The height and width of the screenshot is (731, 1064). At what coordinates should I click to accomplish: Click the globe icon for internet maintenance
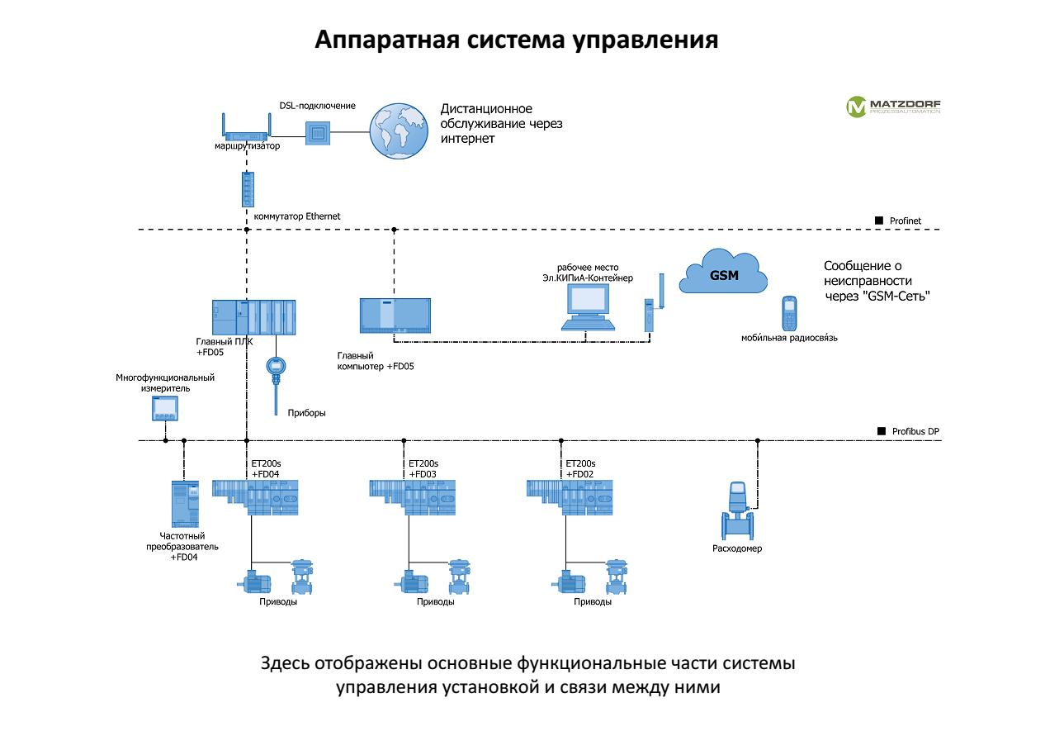[399, 130]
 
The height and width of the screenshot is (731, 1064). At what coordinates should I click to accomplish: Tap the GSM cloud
[723, 273]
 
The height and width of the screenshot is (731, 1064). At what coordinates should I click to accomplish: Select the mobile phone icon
[788, 313]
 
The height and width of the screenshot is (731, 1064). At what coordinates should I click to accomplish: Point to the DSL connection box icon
[318, 132]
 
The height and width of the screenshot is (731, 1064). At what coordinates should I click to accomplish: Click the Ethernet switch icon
[247, 189]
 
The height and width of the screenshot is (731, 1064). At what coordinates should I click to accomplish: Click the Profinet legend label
[905, 221]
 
